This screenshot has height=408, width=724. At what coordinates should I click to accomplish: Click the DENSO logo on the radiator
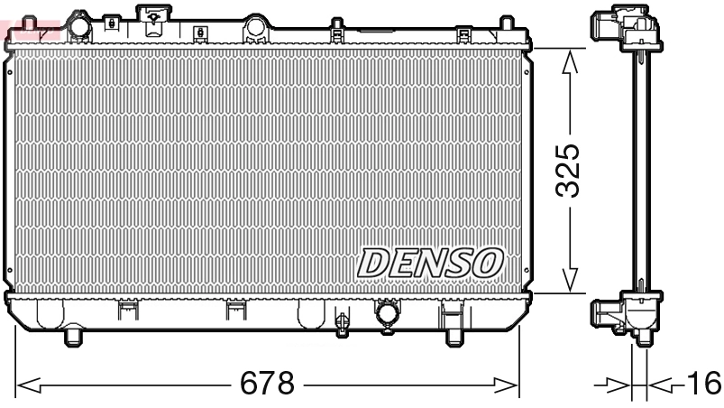pyautogui.click(x=429, y=262)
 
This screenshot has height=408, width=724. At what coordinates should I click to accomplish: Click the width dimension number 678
pyautogui.click(x=267, y=385)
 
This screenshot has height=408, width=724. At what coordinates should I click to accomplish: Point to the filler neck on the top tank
pyautogui.click(x=156, y=15)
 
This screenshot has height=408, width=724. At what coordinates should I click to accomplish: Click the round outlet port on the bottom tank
pyautogui.click(x=388, y=315)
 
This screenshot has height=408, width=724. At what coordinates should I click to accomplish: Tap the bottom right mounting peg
pyautogui.click(x=451, y=337)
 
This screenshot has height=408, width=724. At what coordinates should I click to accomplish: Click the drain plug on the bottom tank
pyautogui.click(x=342, y=323)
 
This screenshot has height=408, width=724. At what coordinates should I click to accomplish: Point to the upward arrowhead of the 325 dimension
pyautogui.click(x=568, y=60)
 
